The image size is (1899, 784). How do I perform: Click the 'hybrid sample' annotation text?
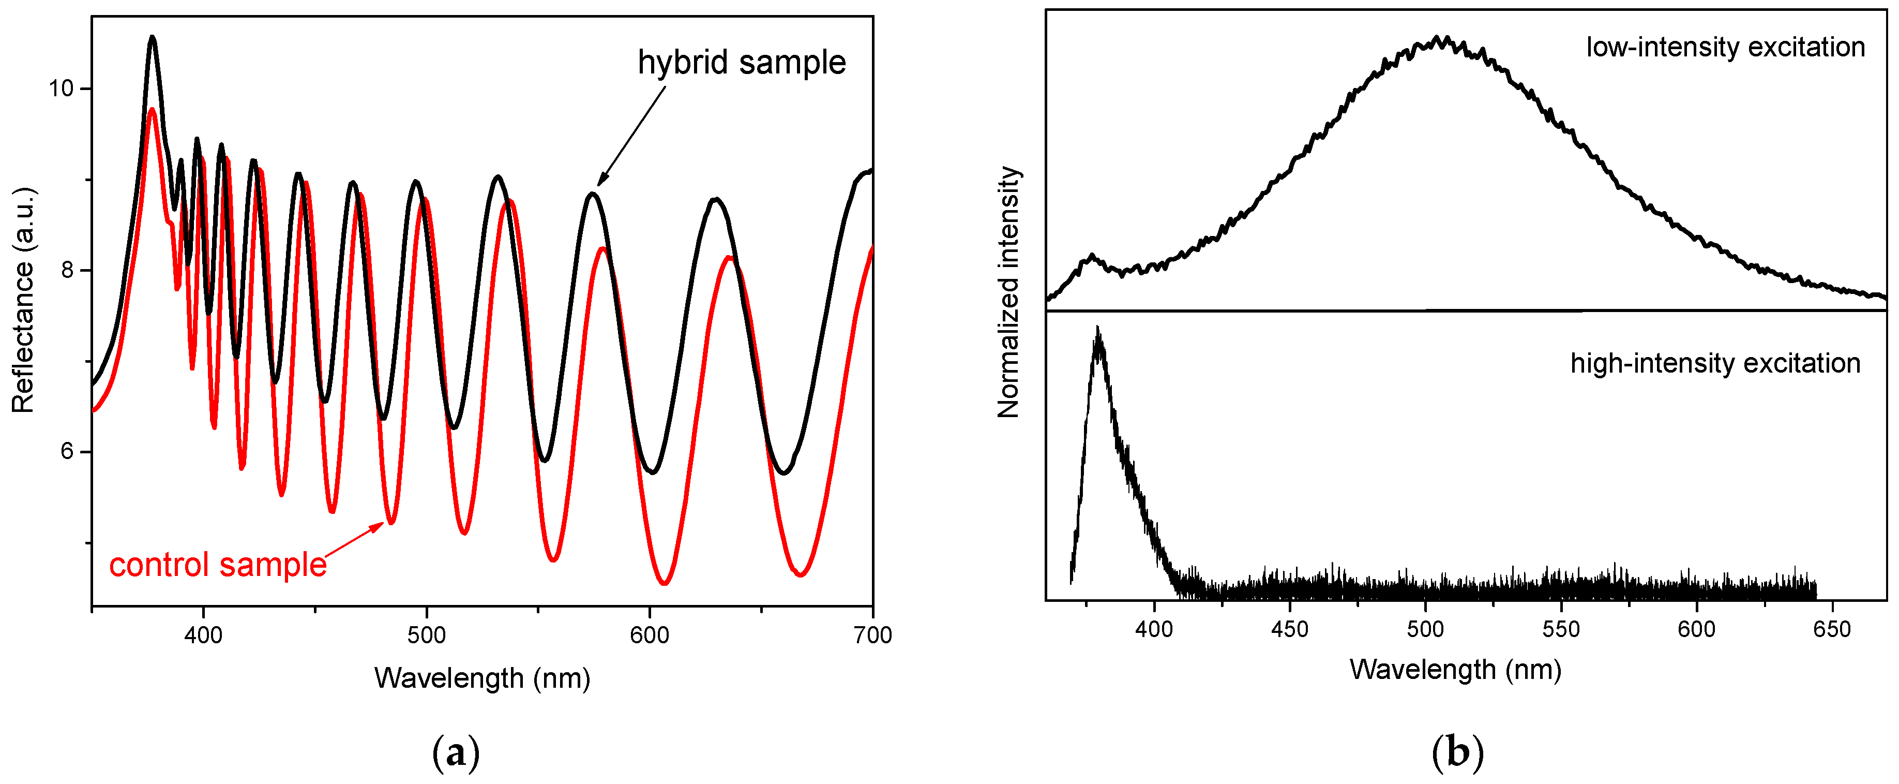[x=741, y=63]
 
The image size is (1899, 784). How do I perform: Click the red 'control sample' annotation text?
[x=218, y=566]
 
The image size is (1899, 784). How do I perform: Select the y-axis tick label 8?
[x=68, y=270]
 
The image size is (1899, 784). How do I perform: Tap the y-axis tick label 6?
[x=68, y=451]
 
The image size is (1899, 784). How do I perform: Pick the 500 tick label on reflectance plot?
[x=426, y=635]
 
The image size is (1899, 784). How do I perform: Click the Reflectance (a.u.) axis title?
[x=24, y=300]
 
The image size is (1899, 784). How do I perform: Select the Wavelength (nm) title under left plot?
[x=482, y=678]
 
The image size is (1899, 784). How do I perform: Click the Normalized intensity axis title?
[x=1008, y=292]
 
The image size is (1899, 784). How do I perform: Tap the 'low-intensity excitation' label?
[x=1725, y=47]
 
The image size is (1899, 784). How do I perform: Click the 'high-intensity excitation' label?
[x=1715, y=364]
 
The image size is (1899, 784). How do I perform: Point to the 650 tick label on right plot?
[x=1832, y=629]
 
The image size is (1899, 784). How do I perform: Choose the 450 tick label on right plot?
[x=1289, y=629]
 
